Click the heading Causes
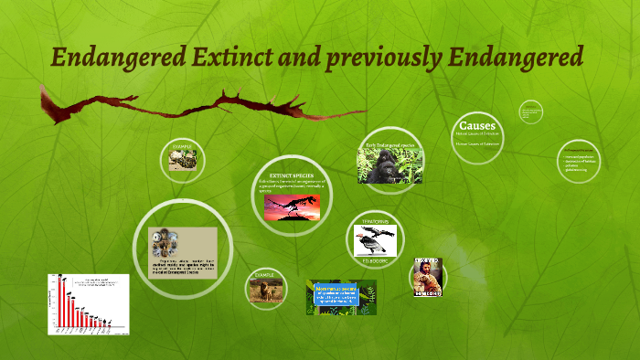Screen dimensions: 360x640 click(x=477, y=125)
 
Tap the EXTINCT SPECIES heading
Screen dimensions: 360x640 click(x=291, y=175)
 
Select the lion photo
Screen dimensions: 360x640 click(x=266, y=290)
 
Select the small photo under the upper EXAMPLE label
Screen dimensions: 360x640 click(x=181, y=161)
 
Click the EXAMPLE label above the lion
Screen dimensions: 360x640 click(x=264, y=274)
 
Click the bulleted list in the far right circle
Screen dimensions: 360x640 click(x=580, y=161)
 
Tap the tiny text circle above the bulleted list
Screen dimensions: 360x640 click(x=531, y=112)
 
